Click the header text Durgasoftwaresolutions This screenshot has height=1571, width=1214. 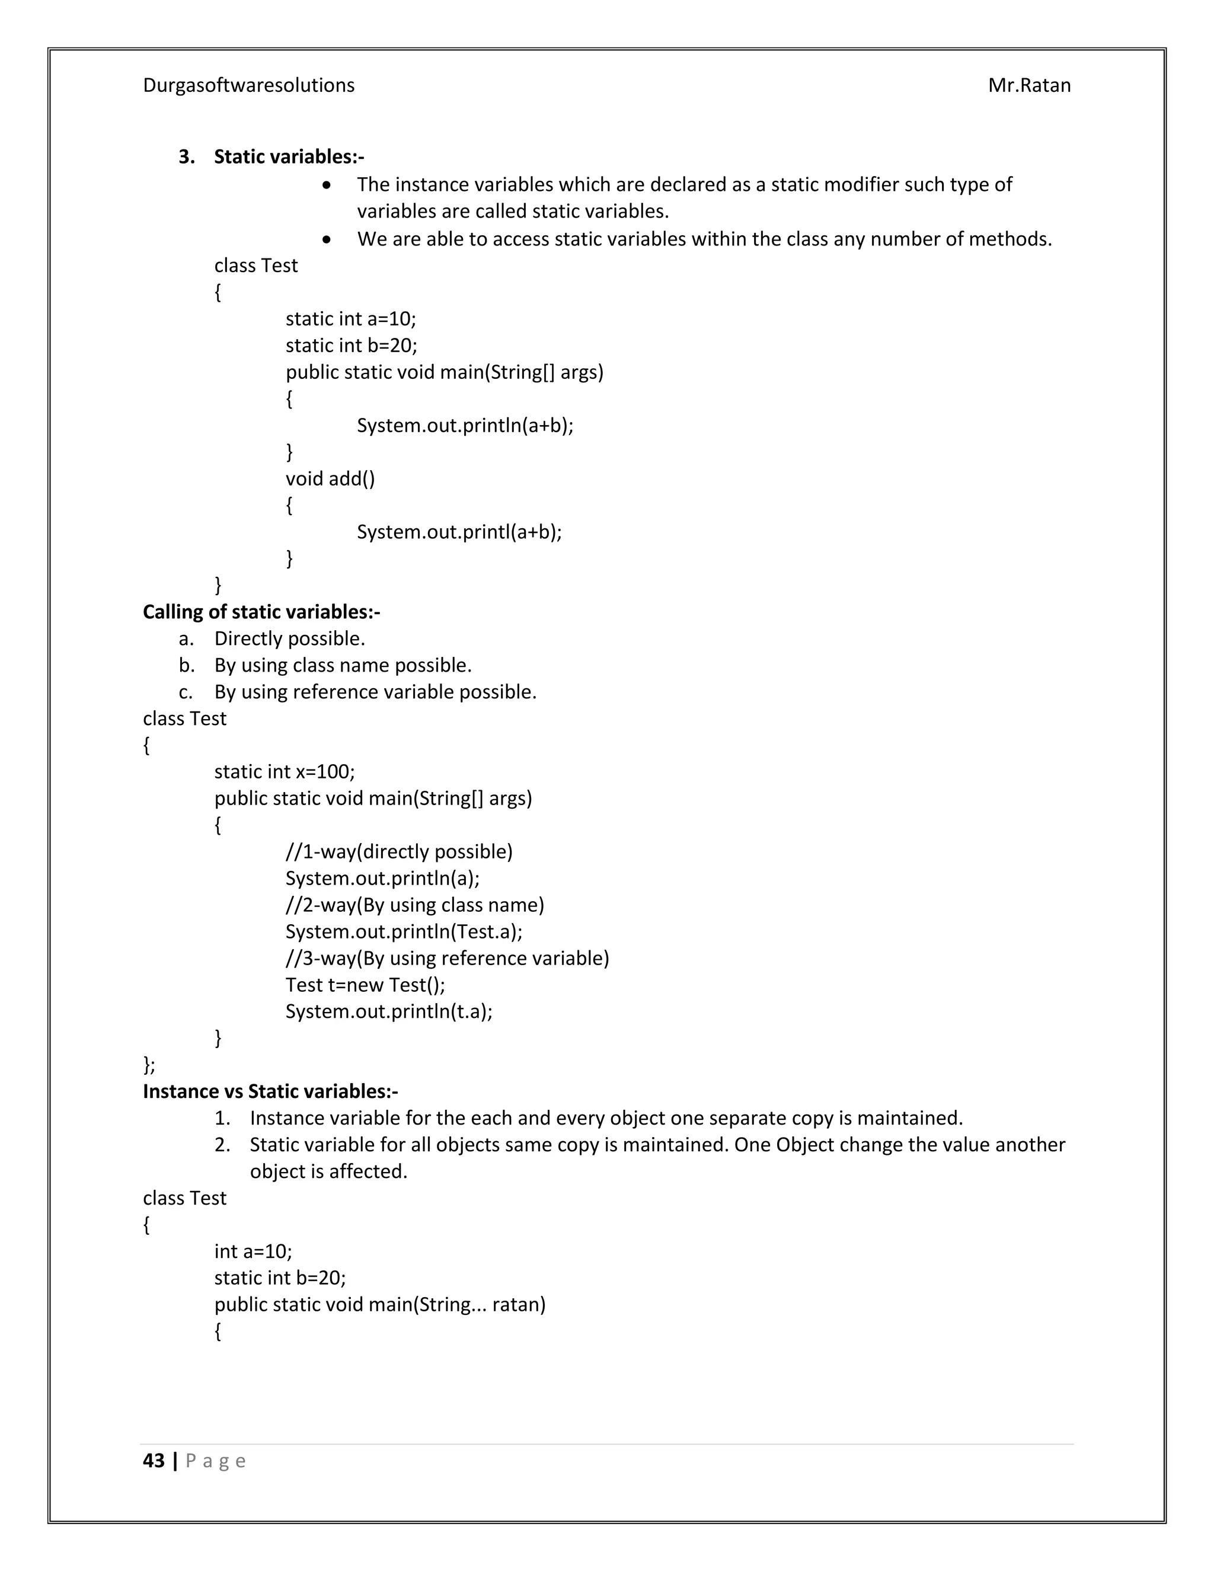point(248,85)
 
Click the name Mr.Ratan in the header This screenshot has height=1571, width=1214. point(1028,85)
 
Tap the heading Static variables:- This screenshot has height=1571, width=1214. point(289,157)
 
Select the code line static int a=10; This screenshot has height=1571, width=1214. point(350,319)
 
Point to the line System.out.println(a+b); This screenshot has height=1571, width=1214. point(465,425)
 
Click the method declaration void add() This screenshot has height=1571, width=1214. point(330,478)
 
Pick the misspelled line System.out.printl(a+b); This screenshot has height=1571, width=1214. point(459,532)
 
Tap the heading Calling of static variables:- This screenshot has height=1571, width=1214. point(261,612)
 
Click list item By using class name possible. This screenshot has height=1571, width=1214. point(343,665)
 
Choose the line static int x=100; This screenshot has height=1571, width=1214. point(284,772)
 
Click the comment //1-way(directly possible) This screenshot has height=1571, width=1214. point(398,852)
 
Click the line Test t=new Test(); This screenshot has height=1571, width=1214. point(365,985)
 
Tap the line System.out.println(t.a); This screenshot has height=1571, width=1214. point(388,1011)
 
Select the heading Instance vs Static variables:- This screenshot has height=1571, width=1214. point(270,1091)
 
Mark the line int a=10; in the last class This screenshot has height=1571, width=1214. point(253,1251)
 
